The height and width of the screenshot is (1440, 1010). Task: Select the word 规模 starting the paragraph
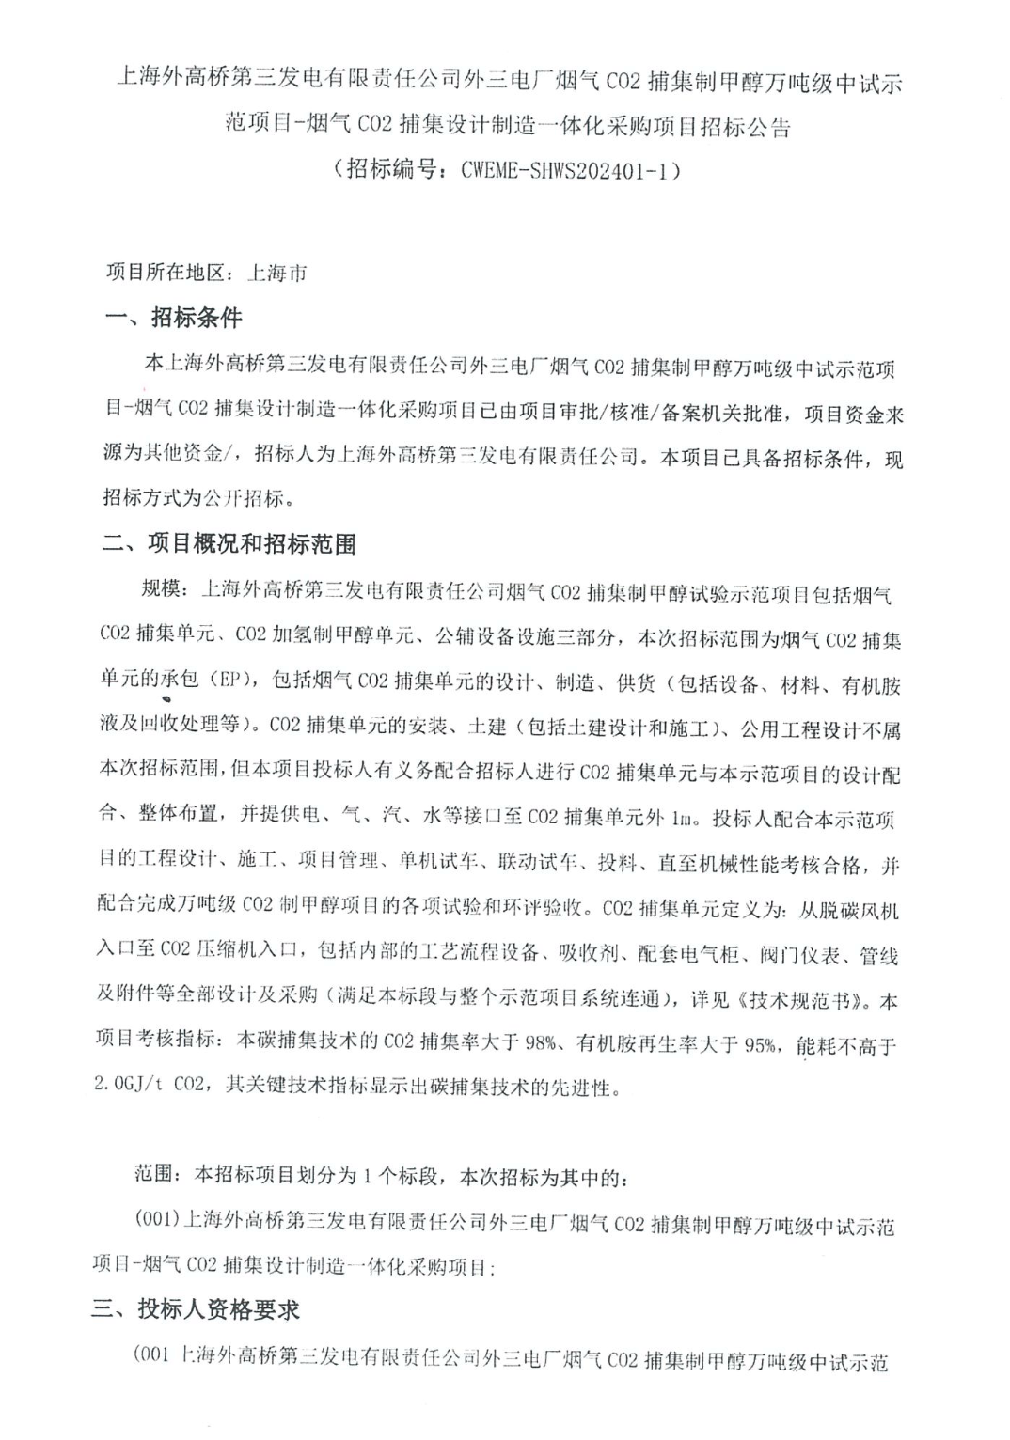pyautogui.click(x=158, y=589)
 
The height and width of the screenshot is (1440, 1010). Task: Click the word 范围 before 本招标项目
pyautogui.click(x=152, y=1175)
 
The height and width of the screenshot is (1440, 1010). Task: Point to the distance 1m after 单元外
pyautogui.click(x=684, y=818)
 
